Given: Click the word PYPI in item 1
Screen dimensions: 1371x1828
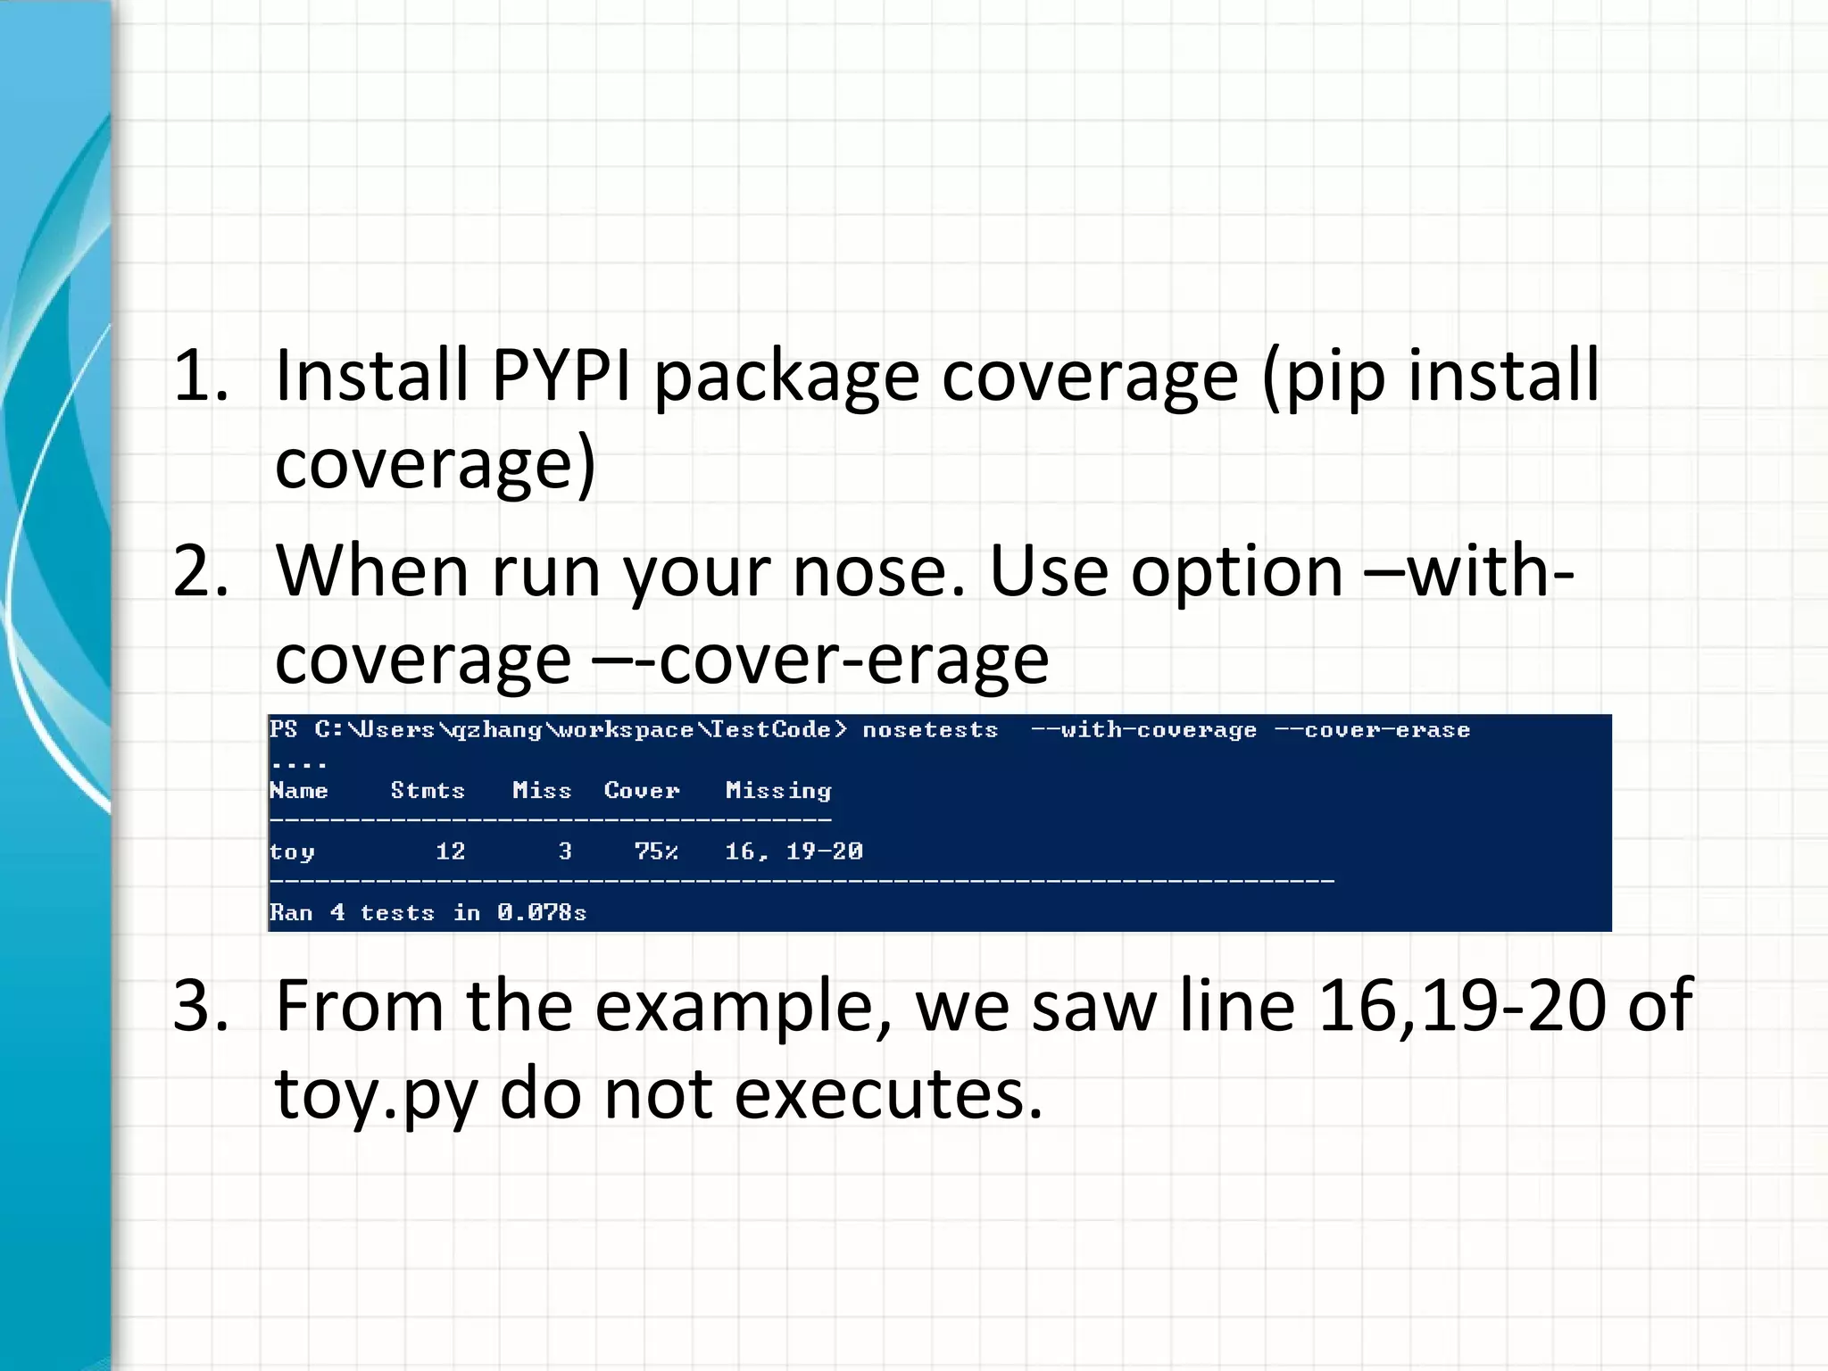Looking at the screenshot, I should [561, 375].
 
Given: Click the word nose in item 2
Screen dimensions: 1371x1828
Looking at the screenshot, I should [878, 571].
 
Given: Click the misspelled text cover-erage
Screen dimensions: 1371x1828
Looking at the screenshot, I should [852, 660].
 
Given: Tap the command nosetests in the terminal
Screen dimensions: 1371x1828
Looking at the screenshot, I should [930, 730].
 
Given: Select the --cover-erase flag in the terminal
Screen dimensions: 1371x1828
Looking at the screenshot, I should [1372, 730].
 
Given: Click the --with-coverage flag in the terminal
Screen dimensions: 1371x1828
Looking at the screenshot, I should [1143, 730].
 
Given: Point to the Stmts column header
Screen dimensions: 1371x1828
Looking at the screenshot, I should [428, 791].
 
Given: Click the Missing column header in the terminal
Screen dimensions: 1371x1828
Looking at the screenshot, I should [778, 791].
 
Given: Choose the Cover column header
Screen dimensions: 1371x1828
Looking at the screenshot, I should [642, 791].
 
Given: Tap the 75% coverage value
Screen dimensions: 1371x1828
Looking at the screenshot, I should [656, 852].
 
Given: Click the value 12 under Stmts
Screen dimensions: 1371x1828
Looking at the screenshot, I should [450, 852].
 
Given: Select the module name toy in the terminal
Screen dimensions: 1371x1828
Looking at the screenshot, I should [292, 852].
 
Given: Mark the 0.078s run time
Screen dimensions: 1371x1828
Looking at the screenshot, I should [542, 912].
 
